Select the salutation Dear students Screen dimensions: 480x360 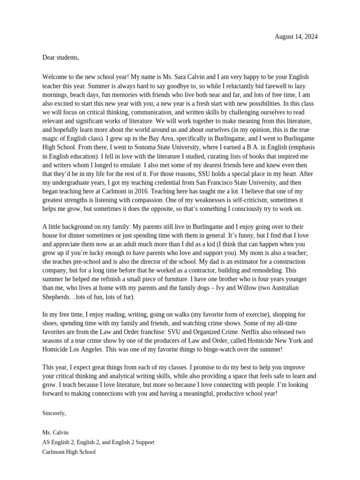click(x=61, y=58)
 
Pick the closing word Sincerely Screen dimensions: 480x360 click(x=54, y=413)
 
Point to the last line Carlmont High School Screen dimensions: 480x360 click(x=69, y=452)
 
